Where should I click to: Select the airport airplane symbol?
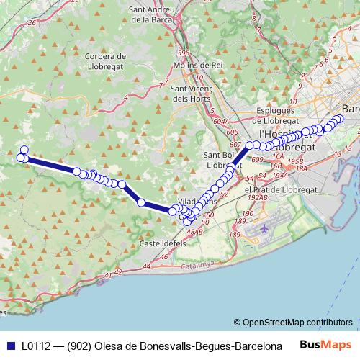pos(264,228)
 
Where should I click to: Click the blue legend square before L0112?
pos(12,346)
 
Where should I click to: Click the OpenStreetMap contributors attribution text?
pos(297,323)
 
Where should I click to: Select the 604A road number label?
pos(222,122)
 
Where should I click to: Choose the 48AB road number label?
pos(195,233)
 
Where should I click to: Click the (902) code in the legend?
pos(80,346)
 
